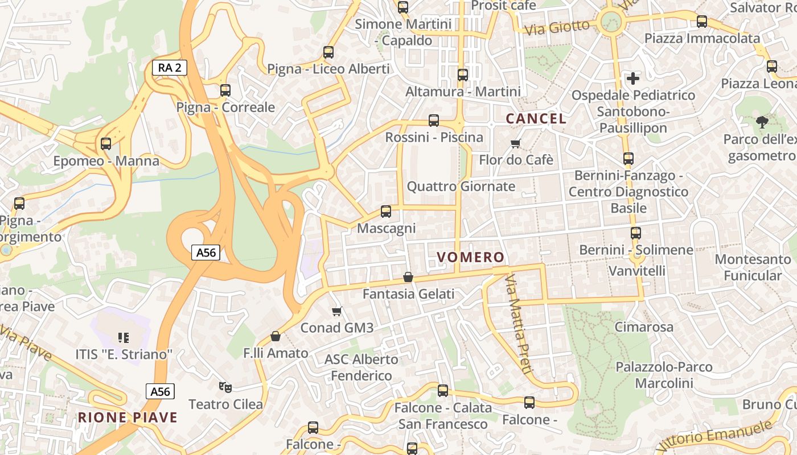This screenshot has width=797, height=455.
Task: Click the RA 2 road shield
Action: [170, 68]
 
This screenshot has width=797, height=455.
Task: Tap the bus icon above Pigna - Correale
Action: [225, 90]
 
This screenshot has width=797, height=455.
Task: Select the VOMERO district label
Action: [470, 257]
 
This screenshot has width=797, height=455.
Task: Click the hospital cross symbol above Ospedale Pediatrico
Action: [633, 78]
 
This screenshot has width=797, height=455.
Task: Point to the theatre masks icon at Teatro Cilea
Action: [225, 387]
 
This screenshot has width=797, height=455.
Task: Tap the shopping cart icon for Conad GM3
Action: [337, 311]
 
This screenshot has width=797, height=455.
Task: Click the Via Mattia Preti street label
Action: [519, 324]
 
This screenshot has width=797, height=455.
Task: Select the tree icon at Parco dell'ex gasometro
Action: [761, 121]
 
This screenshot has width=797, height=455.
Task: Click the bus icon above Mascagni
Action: [386, 212]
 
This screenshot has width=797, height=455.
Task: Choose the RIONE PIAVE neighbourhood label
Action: [128, 417]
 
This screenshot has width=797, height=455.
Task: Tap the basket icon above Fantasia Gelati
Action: [408, 277]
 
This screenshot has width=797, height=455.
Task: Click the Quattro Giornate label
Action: [461, 187]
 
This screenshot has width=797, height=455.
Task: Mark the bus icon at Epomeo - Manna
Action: [106, 144]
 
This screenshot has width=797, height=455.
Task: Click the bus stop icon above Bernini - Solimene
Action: [636, 233]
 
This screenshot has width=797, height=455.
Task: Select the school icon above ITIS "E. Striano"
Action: [123, 337]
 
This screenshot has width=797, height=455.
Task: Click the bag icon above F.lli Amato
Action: [276, 336]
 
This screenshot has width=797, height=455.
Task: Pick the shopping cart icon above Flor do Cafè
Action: [516, 143]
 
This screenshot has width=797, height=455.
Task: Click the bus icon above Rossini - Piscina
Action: [434, 121]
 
